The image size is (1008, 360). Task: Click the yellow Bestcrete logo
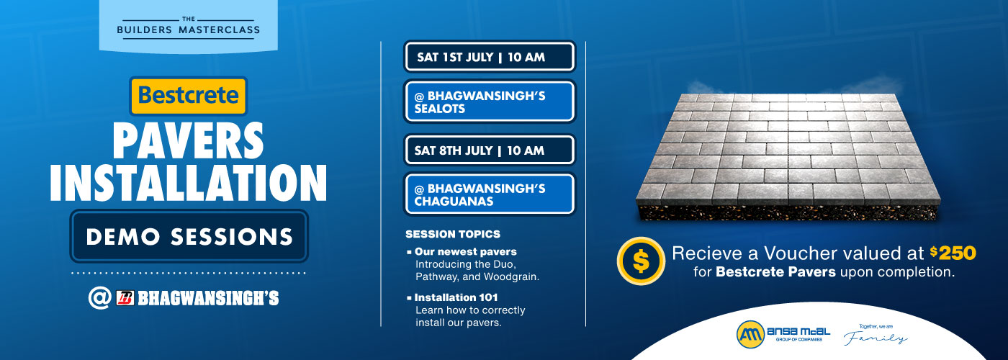[188, 96]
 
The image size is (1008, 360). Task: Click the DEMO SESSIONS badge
[189, 236]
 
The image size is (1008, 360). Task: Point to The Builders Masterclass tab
[188, 27]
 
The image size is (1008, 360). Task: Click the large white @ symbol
[99, 298]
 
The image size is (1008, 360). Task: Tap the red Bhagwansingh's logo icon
[125, 298]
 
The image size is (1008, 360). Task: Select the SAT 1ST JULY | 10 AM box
[489, 57]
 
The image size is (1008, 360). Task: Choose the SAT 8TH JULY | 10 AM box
[489, 150]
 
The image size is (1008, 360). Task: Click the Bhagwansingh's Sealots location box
[489, 102]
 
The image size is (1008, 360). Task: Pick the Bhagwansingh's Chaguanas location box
[489, 194]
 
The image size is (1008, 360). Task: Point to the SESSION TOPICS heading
[452, 234]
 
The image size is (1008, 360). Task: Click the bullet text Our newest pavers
[465, 252]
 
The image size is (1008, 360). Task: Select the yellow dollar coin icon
[640, 261]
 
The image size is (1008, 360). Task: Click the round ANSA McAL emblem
[750, 334]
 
